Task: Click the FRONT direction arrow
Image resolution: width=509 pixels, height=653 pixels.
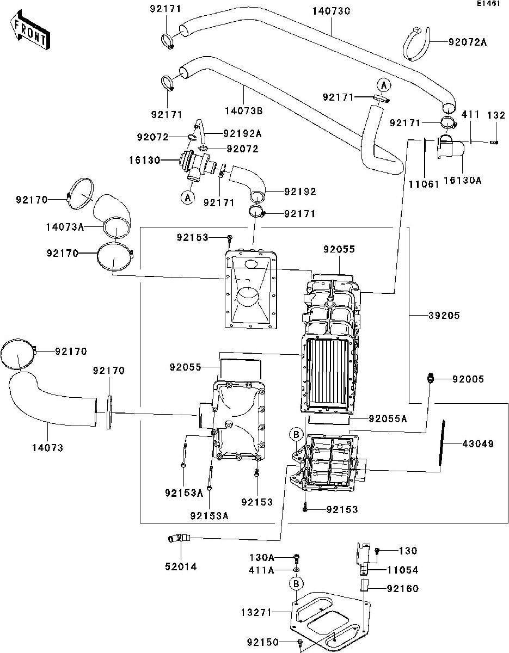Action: click(30, 30)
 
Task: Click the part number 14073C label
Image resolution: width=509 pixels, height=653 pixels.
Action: click(331, 11)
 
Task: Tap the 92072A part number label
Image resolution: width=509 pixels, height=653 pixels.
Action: click(467, 42)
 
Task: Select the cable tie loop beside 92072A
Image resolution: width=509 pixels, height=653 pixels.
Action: click(416, 44)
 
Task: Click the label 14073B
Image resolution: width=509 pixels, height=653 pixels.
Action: click(244, 111)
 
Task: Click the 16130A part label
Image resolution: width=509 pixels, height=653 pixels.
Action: click(462, 180)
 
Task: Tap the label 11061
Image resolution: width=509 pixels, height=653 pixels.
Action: click(424, 184)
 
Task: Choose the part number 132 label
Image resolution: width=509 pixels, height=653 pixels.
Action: click(496, 115)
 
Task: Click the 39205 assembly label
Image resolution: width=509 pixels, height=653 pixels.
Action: click(444, 315)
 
